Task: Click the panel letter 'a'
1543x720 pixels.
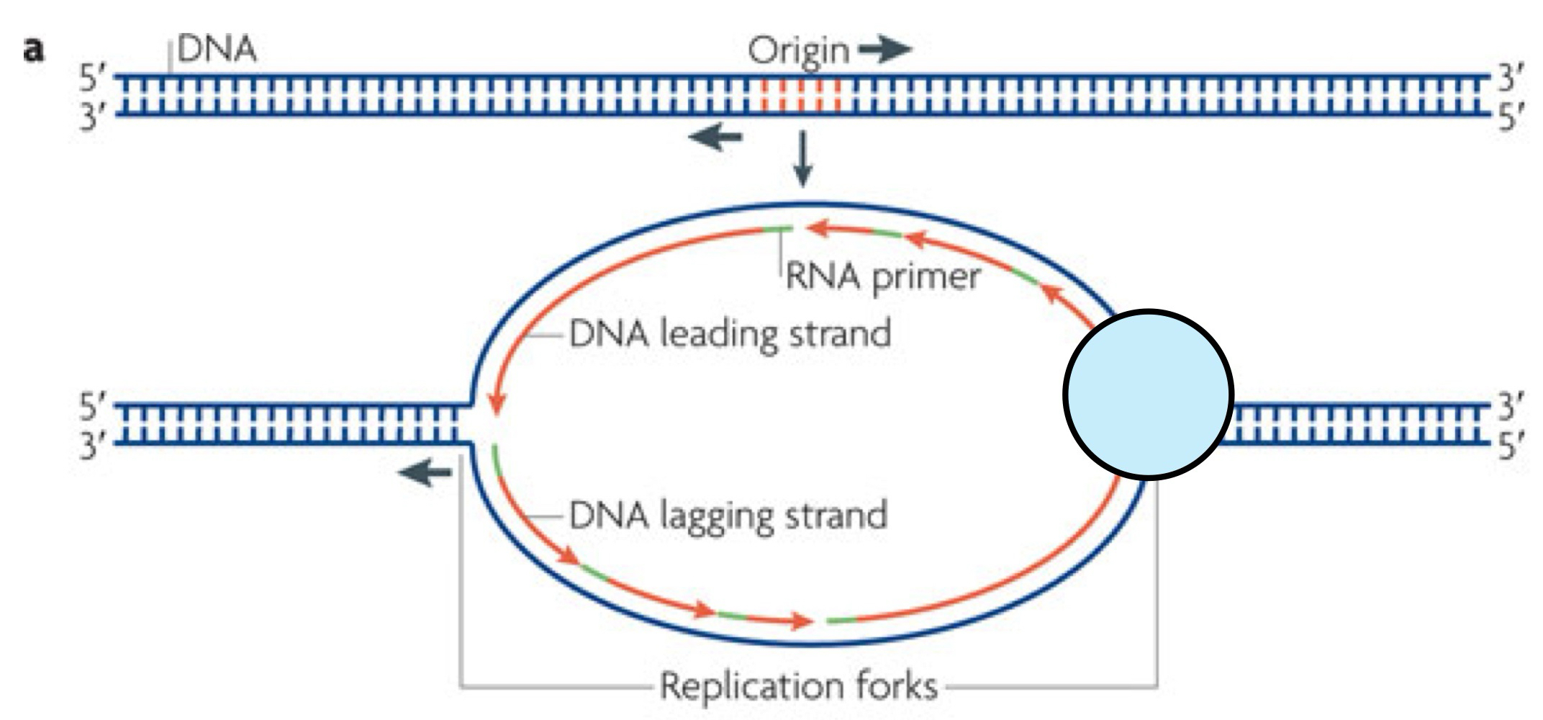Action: (33, 52)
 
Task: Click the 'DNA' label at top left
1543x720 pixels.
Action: (217, 50)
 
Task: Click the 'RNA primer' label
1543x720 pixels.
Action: (882, 276)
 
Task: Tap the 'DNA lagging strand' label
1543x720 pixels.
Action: (728, 516)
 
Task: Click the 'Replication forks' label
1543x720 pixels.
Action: (799, 685)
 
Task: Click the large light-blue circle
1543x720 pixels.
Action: (1149, 395)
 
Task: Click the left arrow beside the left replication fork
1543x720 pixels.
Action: (425, 473)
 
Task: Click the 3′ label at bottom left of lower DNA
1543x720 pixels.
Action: (93, 446)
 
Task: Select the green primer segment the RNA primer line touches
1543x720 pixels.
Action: (779, 230)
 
